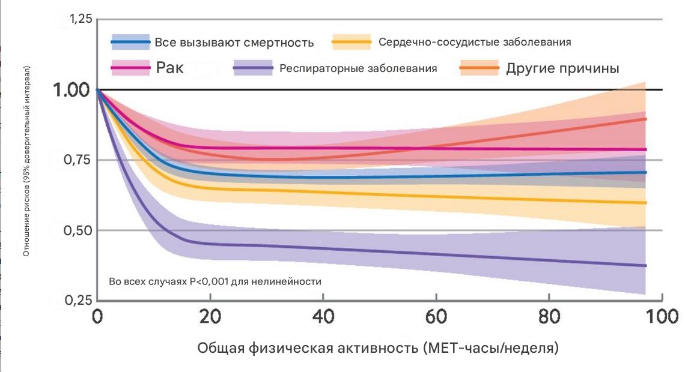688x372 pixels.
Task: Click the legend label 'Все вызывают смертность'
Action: pyautogui.click(x=234, y=43)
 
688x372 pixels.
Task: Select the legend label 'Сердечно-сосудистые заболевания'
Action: pyautogui.click(x=475, y=42)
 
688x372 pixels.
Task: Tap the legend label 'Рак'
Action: pyautogui.click(x=169, y=68)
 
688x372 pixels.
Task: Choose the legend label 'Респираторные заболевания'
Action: pyautogui.click(x=358, y=68)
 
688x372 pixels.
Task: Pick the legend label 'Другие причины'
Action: pyautogui.click(x=562, y=68)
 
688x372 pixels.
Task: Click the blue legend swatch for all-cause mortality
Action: pyautogui.click(x=130, y=42)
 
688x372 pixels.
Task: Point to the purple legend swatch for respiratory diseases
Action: pyautogui.click(x=253, y=68)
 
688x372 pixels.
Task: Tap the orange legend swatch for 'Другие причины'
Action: pyautogui.click(x=478, y=68)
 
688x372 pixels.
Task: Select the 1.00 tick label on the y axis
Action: pyautogui.click(x=73, y=90)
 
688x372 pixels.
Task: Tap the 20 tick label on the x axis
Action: pyautogui.click(x=210, y=316)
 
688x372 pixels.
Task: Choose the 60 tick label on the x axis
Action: pyautogui.click(x=435, y=316)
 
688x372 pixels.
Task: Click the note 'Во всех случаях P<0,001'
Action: pyautogui.click(x=215, y=281)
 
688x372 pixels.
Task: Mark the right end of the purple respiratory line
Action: pyautogui.click(x=645, y=265)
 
